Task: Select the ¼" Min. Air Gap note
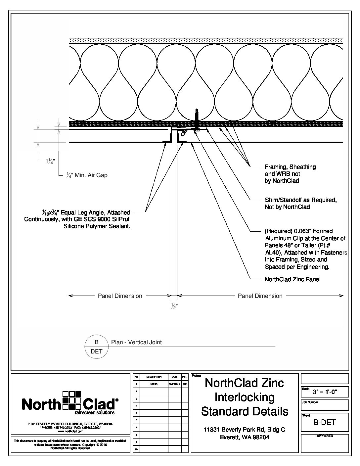pyautogui.click(x=87, y=175)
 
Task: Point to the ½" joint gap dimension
pyautogui.click(x=174, y=306)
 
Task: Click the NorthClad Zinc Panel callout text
pyautogui.click(x=292, y=279)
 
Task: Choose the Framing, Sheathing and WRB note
pyautogui.click(x=290, y=174)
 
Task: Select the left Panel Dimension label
pyautogui.click(x=120, y=296)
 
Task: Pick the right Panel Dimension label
pyautogui.click(x=260, y=296)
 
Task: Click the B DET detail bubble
pyautogui.click(x=97, y=347)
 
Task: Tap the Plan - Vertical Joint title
pyautogui.click(x=136, y=342)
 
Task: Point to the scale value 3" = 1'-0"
pyautogui.click(x=329, y=393)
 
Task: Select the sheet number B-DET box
pyautogui.click(x=324, y=422)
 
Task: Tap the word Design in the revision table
pyautogui.click(x=154, y=384)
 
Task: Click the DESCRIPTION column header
pyautogui.click(x=154, y=377)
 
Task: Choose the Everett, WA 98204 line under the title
pyautogui.click(x=245, y=437)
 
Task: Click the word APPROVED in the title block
pyautogui.click(x=325, y=436)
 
